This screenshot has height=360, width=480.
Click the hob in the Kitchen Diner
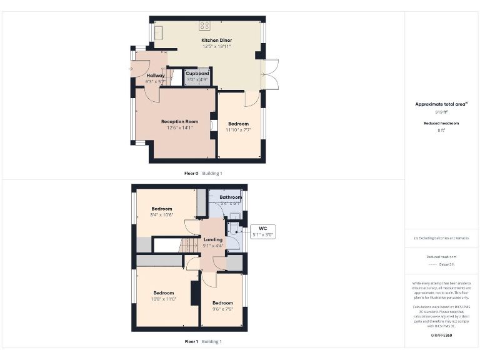pyautogui.click(x=204, y=26)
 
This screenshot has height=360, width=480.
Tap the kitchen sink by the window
pyautogui.click(x=159, y=32)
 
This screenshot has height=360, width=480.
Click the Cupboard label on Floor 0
pyautogui.click(x=197, y=74)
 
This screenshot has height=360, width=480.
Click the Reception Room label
pyautogui.click(x=179, y=121)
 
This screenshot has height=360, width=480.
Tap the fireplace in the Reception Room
pyautogui.click(x=214, y=124)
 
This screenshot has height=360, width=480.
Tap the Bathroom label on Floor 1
pyautogui.click(x=230, y=197)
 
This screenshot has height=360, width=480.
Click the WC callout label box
pyautogui.click(x=262, y=231)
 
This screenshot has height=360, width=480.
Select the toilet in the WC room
pyautogui.click(x=234, y=229)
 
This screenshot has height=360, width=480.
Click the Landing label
pyautogui.click(x=213, y=239)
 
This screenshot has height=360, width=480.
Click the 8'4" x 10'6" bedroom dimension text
pyautogui.click(x=162, y=215)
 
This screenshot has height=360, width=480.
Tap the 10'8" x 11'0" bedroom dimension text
pyautogui.click(x=164, y=299)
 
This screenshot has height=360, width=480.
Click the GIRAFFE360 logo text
pyautogui.click(x=441, y=336)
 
